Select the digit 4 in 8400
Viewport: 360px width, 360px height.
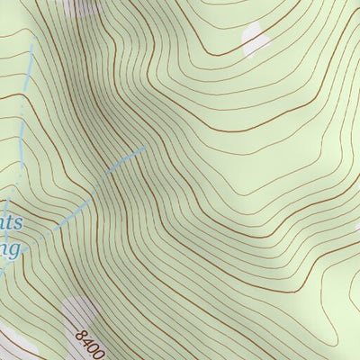tap(86, 339)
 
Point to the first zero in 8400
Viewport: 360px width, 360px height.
tap(93, 346)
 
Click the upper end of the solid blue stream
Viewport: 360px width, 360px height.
tap(144, 148)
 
